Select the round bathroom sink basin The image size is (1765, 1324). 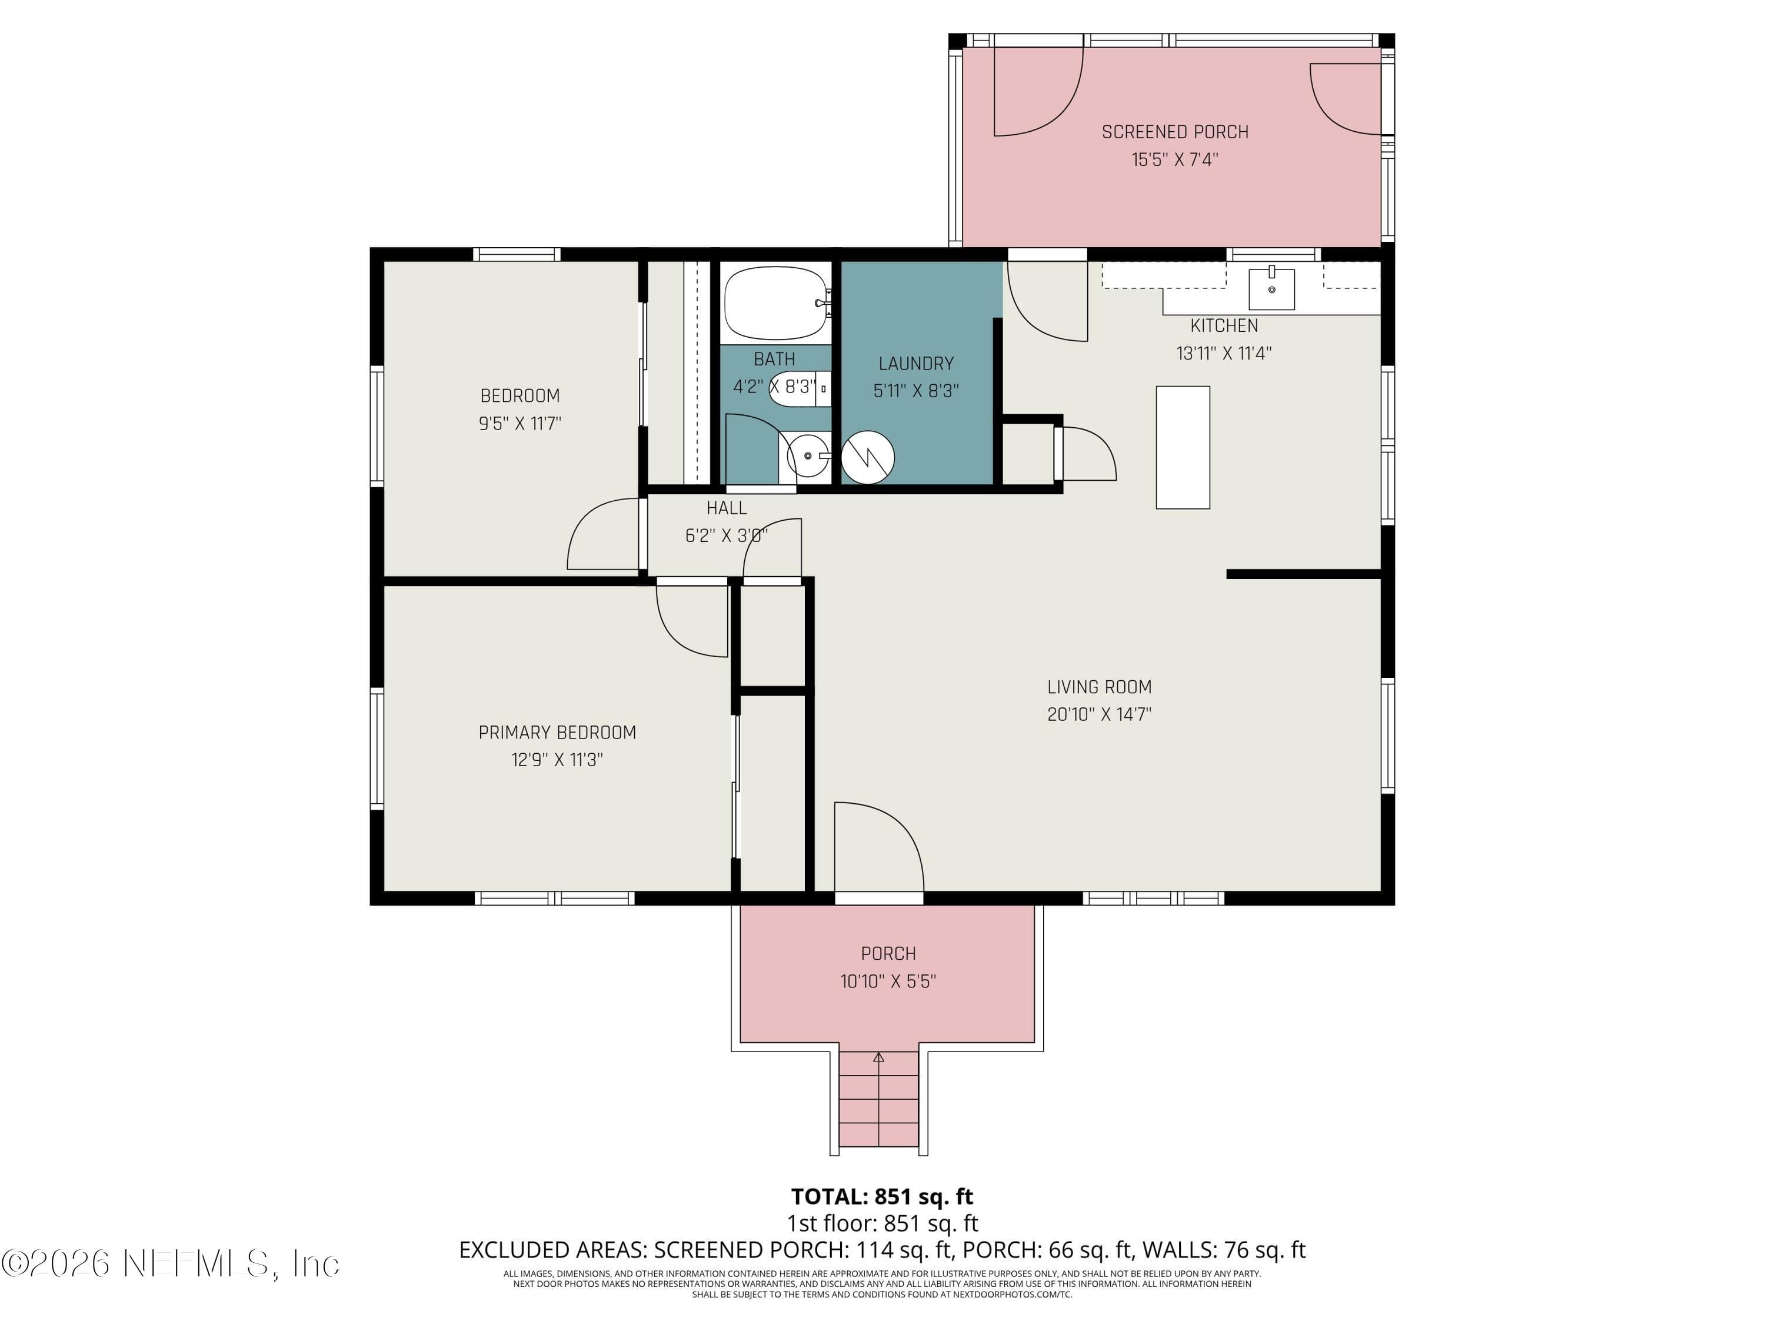pos(808,455)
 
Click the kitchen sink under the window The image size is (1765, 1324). pos(1271,288)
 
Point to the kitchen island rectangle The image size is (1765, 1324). pos(1183,448)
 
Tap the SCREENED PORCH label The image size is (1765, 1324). pos(1174,132)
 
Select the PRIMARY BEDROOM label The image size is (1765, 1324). pos(557,732)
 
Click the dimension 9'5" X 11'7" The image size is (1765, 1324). pos(519,423)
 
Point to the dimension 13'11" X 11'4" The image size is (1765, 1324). pos(1223,352)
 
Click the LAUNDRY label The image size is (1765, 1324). pos(916,363)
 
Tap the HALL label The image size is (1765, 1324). pos(726,508)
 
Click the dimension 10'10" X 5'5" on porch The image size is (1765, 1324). pos(887,981)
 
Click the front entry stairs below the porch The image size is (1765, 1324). pos(878,1099)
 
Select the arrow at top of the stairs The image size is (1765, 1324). pos(878,1058)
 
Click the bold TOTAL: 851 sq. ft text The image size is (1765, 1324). pos(882,1196)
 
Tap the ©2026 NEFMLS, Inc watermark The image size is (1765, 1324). pos(170,1263)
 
